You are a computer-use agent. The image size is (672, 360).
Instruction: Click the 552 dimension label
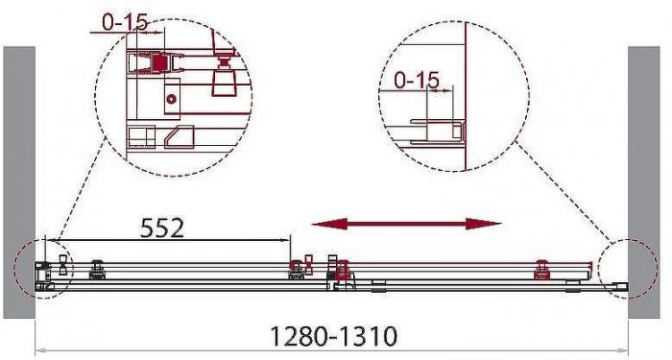click(162, 228)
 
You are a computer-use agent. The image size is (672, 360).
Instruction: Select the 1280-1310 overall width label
click(334, 336)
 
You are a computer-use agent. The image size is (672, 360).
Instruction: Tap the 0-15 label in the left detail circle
click(124, 22)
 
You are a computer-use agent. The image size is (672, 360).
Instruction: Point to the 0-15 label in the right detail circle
click(417, 80)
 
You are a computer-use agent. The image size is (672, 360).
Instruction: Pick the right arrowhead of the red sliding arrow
click(484, 224)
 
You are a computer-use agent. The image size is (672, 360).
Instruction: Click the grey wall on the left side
click(19, 182)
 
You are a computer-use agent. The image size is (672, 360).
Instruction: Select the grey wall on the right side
click(644, 182)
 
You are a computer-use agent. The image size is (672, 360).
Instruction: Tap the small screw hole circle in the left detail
click(172, 99)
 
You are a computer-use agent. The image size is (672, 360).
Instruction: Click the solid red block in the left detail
click(159, 63)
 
